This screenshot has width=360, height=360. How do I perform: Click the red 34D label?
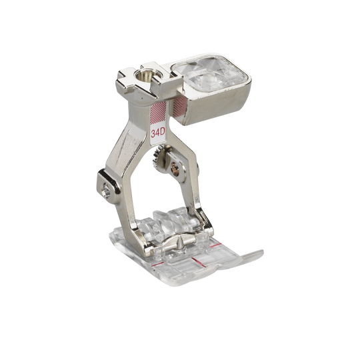(158, 133)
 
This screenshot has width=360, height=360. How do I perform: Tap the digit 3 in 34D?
(153, 133)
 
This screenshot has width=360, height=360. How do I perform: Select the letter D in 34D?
(163, 133)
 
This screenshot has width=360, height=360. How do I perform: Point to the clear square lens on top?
(209, 75)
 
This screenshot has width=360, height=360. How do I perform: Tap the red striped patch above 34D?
(158, 112)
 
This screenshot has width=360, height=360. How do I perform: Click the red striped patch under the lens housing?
(180, 107)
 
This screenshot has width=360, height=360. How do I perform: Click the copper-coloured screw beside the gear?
(175, 167)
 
